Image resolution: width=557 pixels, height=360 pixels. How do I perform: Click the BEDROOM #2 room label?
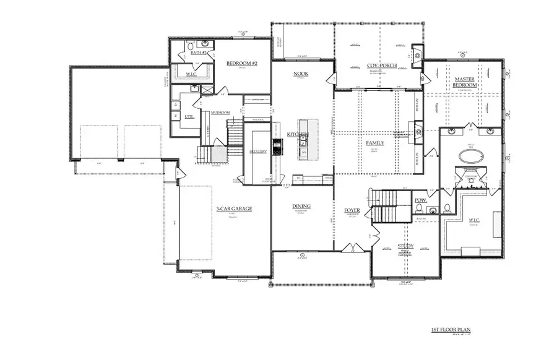click(x=237, y=63)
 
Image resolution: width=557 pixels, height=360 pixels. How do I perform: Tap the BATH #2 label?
click(x=199, y=53)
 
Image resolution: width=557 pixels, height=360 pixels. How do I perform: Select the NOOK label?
click(x=301, y=74)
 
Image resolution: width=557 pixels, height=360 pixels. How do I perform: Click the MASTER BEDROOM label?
click(x=464, y=82)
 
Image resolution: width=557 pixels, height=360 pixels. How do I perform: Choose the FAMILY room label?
click(x=375, y=143)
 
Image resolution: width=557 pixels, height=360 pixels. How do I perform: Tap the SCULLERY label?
click(x=259, y=152)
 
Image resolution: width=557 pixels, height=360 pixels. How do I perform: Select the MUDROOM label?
click(x=220, y=113)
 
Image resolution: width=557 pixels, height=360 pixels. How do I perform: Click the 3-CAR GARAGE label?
click(x=234, y=209)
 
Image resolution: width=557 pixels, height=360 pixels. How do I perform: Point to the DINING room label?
click(x=301, y=207)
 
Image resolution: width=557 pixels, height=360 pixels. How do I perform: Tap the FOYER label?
click(x=352, y=211)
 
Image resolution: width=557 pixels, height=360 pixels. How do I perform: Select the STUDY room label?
click(x=405, y=246)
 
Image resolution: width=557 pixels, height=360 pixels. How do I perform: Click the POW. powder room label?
click(x=420, y=200)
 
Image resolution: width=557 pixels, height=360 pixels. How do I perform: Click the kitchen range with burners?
click(x=277, y=146)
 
